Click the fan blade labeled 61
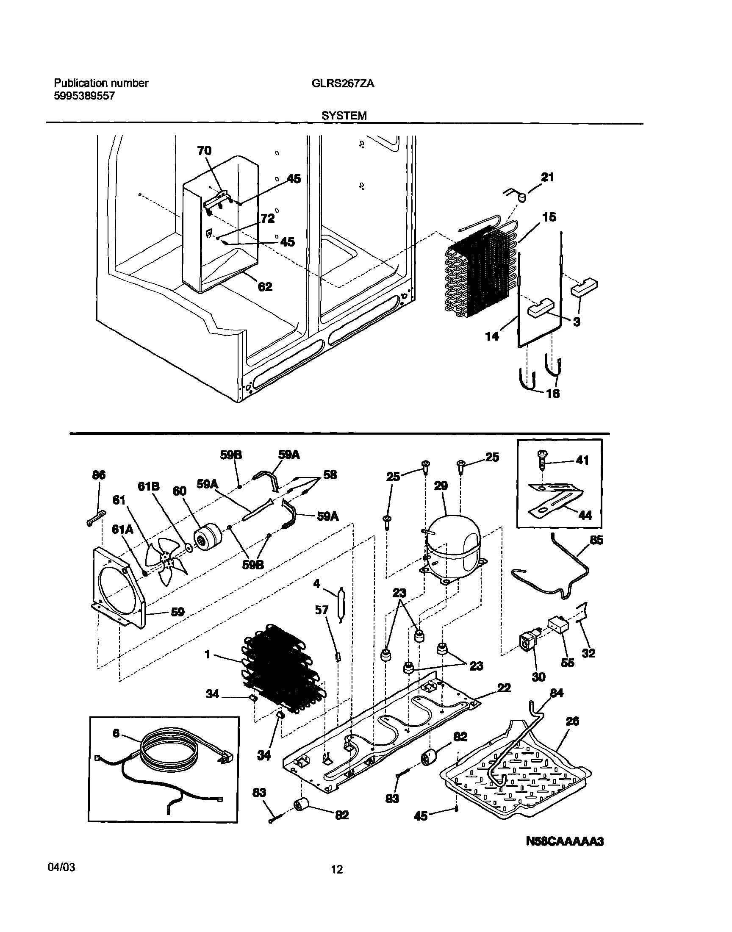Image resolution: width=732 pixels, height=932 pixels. pyautogui.click(x=166, y=565)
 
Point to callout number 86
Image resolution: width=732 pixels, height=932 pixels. pyautogui.click(x=99, y=475)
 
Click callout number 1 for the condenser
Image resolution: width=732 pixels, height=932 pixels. pyautogui.click(x=208, y=655)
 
